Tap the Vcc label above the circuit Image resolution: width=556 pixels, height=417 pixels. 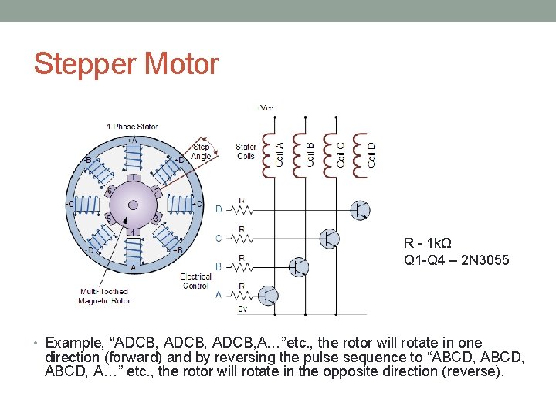click(266, 108)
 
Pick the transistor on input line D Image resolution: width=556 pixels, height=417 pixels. click(360, 209)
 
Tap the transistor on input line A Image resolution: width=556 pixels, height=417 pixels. click(268, 296)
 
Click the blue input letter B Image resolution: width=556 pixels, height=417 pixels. click(219, 266)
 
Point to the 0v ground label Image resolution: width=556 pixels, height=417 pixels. click(242, 309)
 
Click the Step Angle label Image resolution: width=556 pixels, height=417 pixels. click(202, 151)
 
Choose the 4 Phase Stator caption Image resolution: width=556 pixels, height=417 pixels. click(132, 126)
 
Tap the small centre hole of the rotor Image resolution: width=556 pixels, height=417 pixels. click(133, 206)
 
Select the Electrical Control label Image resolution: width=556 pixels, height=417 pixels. click(195, 280)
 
